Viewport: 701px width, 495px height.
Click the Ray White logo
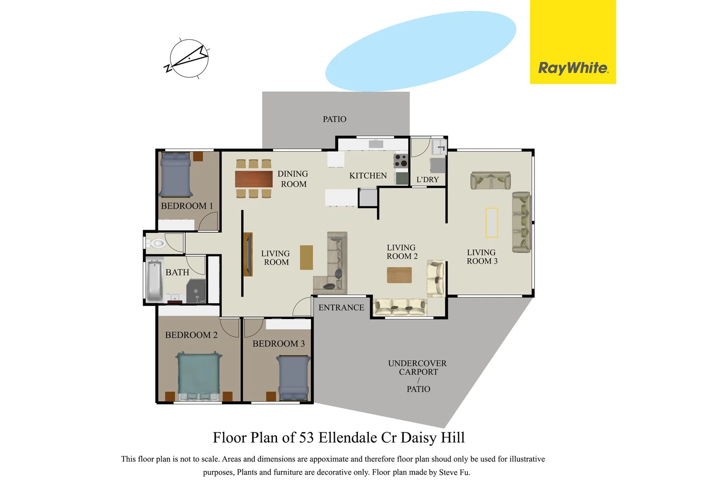(x=573, y=68)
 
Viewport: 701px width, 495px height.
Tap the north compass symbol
(x=189, y=58)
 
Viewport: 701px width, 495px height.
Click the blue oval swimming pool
(x=421, y=50)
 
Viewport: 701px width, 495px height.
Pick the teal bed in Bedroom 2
(x=199, y=375)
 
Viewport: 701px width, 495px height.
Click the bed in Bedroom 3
(x=294, y=378)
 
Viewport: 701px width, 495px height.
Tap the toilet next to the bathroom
(x=156, y=243)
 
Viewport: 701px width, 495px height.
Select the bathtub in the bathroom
(x=155, y=280)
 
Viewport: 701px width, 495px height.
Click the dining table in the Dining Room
(x=254, y=179)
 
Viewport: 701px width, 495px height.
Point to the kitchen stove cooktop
(x=401, y=160)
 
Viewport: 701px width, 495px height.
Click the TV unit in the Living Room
(x=248, y=254)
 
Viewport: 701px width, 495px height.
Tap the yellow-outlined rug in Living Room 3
(x=492, y=223)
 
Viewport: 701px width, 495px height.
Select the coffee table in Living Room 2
(x=399, y=275)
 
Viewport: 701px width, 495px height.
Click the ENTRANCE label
(x=341, y=308)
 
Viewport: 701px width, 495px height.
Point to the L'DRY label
(x=428, y=180)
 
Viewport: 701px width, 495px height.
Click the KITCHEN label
(x=368, y=176)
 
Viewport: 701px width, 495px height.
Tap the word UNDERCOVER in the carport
(x=417, y=363)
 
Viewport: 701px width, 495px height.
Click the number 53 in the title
(x=306, y=438)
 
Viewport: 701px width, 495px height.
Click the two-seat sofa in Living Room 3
(x=490, y=181)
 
